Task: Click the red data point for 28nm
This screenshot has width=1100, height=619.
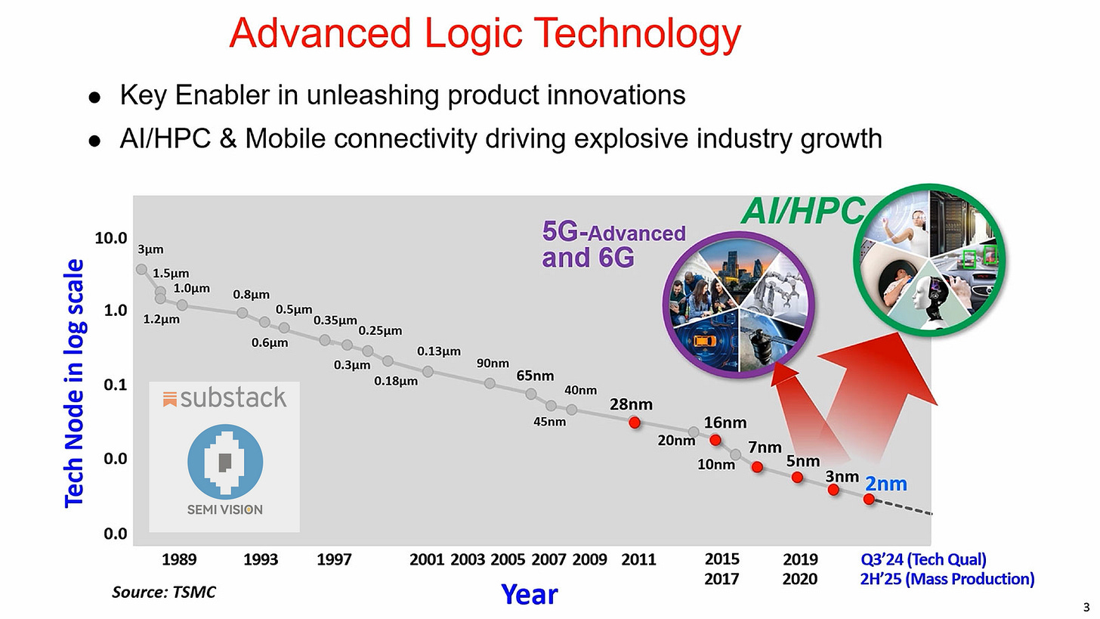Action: (x=635, y=422)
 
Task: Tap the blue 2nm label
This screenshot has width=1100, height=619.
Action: (x=885, y=484)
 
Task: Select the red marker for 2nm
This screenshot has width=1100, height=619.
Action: (x=869, y=500)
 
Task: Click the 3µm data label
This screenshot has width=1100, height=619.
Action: (x=150, y=249)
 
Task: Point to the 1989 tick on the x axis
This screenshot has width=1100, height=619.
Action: (x=179, y=560)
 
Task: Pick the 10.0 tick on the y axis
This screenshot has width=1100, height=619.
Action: (x=111, y=239)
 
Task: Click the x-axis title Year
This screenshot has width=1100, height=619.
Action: (x=529, y=595)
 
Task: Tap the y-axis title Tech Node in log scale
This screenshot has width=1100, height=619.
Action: (x=74, y=382)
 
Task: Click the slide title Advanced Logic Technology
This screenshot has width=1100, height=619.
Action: (x=485, y=33)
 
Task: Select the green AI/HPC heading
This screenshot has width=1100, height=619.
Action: (x=802, y=211)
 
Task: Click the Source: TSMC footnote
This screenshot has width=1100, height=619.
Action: (x=163, y=593)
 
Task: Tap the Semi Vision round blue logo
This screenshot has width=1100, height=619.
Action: (x=225, y=462)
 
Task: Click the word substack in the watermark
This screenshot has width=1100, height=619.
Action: (x=233, y=398)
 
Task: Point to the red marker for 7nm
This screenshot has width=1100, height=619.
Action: (x=757, y=467)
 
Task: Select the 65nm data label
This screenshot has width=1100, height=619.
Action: (x=535, y=376)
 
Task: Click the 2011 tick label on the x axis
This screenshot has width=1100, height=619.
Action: (x=638, y=560)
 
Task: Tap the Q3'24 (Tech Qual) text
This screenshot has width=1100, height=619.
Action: (x=923, y=560)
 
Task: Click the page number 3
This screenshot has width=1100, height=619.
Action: (x=1086, y=607)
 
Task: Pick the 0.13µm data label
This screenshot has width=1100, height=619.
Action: (x=438, y=351)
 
